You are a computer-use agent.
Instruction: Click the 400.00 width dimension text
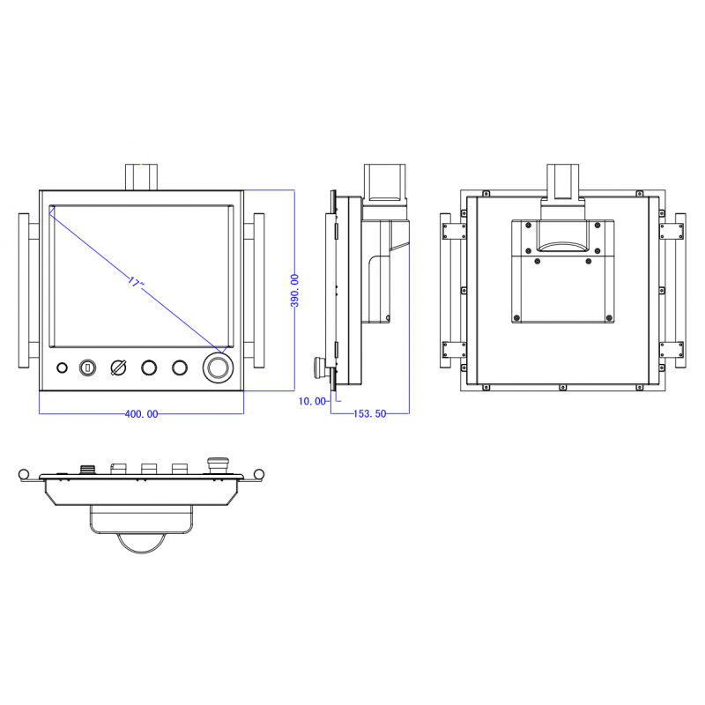pyautogui.click(x=140, y=413)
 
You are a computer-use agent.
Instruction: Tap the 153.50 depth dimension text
pyautogui.click(x=370, y=413)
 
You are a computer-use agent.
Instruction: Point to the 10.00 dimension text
pyautogui.click(x=312, y=401)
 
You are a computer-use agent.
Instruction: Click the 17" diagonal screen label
pyautogui.click(x=134, y=283)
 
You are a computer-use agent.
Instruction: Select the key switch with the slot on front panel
pyautogui.click(x=88, y=367)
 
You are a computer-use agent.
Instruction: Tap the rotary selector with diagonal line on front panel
pyautogui.click(x=118, y=367)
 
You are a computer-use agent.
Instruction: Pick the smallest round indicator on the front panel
pyautogui.click(x=62, y=367)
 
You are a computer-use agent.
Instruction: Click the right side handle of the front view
pyautogui.click(x=255, y=291)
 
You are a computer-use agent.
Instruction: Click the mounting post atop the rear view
pyautogui.click(x=563, y=181)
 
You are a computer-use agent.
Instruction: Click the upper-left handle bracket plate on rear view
pyautogui.click(x=454, y=230)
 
